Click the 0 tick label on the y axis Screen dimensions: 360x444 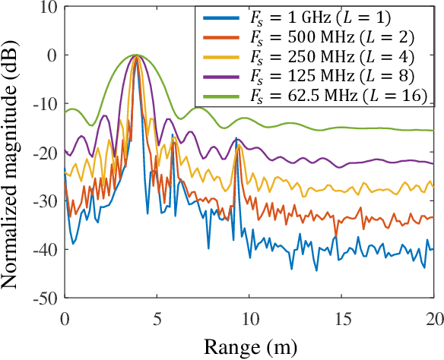tap(52, 55)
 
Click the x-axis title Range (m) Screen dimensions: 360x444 tap(249, 346)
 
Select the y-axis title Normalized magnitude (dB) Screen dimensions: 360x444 tap(12, 152)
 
